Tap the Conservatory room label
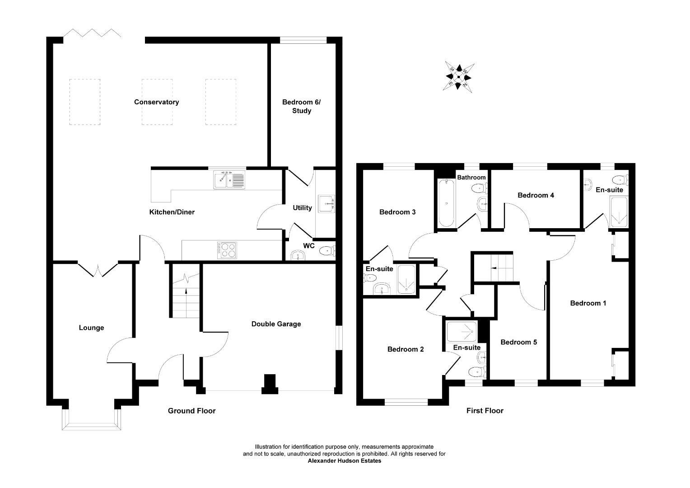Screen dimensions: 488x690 click(156, 102)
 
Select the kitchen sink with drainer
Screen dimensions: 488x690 click(229, 179)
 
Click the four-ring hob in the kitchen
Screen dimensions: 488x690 click(227, 250)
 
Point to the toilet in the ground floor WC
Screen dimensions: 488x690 click(326, 250)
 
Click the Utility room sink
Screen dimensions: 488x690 click(326, 204)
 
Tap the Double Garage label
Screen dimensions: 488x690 click(276, 324)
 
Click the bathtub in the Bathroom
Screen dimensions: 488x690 click(446, 203)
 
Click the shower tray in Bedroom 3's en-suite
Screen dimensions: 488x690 click(407, 280)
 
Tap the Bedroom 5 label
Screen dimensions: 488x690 click(518, 342)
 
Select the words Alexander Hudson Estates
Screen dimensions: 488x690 click(344, 461)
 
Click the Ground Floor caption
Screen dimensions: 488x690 click(191, 411)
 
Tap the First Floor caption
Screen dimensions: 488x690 click(485, 411)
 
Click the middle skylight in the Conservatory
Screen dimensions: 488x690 click(157, 102)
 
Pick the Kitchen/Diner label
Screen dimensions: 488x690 click(172, 212)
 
